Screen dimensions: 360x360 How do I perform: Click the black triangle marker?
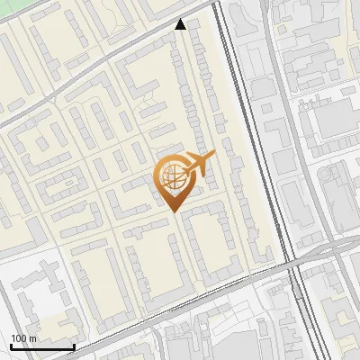[181, 24]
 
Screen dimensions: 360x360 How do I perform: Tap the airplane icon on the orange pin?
[198, 165]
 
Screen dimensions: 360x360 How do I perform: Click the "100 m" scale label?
[24, 338]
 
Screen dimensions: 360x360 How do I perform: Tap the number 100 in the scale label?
[20, 338]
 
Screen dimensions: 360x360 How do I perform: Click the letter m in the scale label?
[33, 338]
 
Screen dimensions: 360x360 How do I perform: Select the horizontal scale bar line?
[42, 347]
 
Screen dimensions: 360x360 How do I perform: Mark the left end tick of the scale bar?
[11, 346]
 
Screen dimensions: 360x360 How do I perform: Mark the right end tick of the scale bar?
[74, 346]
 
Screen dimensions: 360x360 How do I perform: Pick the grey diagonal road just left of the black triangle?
[153, 36]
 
